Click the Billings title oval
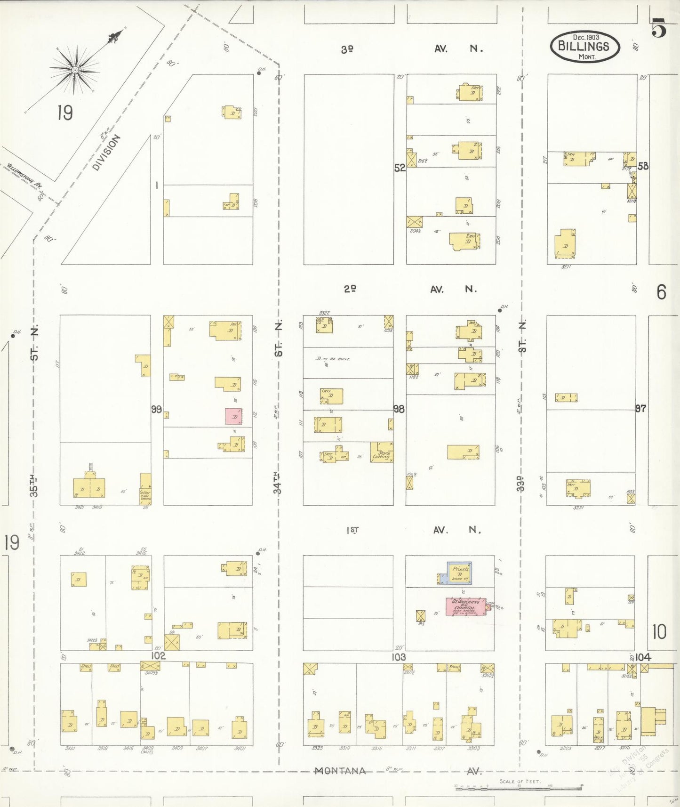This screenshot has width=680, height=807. tap(584, 47)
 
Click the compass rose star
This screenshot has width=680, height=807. tap(74, 70)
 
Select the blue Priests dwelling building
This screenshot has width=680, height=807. tap(459, 573)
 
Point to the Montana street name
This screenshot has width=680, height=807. tap(340, 771)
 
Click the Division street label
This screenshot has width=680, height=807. tap(106, 152)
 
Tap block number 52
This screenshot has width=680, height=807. tap(400, 168)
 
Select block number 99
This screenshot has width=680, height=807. tap(157, 409)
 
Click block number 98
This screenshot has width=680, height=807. tap(399, 409)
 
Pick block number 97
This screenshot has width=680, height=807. tap(640, 408)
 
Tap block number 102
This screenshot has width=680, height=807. tap(158, 656)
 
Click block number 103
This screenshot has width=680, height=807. tap(399, 657)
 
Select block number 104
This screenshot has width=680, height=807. tap(642, 657)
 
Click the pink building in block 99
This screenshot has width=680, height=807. tap(233, 416)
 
